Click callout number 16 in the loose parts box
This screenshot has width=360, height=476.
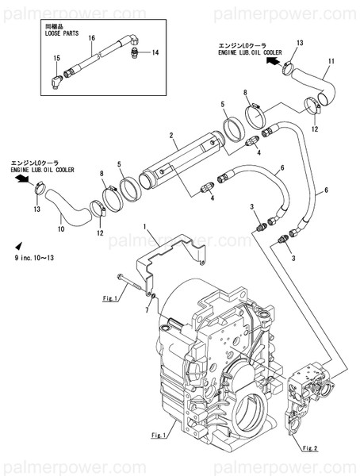coord(92,37)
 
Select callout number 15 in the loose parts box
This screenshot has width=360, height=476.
coord(56,59)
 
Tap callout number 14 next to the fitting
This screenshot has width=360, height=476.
coord(155,52)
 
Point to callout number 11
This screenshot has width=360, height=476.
coord(331,61)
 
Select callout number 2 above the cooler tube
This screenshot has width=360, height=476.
coord(171,136)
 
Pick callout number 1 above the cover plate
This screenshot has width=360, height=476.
coord(145,228)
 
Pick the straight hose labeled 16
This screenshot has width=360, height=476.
coord(94,60)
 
